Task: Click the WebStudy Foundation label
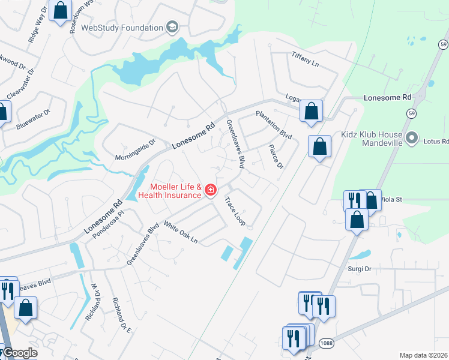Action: point(122,28)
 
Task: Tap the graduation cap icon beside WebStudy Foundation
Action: point(172,28)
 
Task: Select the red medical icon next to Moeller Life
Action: point(210,191)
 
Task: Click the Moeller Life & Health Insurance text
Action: point(169,191)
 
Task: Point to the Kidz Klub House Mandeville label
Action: point(371,139)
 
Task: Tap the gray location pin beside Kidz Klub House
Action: point(411,139)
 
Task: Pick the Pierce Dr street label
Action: point(276,156)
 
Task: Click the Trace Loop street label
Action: point(235,211)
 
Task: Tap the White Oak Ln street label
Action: point(181,233)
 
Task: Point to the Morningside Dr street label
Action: point(135,150)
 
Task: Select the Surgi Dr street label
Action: point(360,269)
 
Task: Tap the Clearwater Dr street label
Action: point(21,83)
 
